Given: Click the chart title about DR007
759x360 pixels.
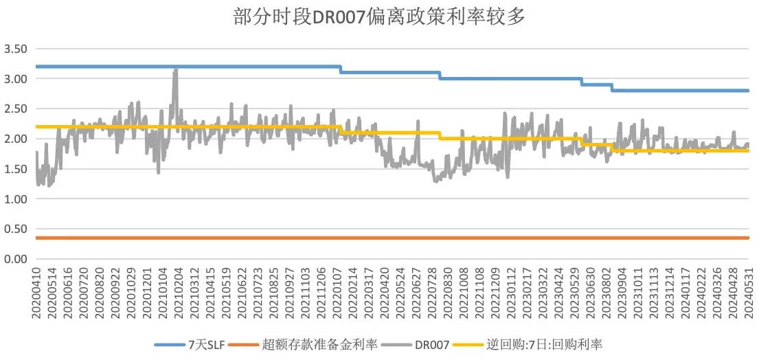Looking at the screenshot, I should tap(379, 17).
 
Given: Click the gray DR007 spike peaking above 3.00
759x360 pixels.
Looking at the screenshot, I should tap(175, 71).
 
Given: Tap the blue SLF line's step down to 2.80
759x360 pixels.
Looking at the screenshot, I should tap(612, 87).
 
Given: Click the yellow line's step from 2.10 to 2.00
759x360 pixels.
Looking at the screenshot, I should tap(440, 136).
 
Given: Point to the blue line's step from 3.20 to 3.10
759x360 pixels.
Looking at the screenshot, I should tap(341, 69).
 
